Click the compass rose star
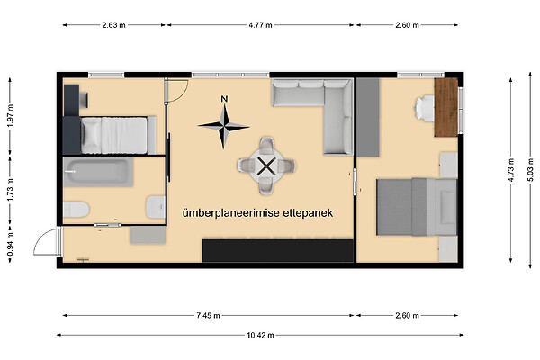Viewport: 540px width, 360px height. click(224, 127)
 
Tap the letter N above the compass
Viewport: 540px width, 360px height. click(224, 99)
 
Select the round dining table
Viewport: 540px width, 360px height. click(266, 166)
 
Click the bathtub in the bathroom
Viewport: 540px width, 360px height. click(98, 172)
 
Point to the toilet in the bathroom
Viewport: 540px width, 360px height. click(76, 210)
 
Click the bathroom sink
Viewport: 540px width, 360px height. click(156, 207)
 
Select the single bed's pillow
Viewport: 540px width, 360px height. click(91, 135)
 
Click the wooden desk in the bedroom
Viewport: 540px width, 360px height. click(446, 107)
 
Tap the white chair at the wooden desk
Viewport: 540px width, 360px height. click(424, 108)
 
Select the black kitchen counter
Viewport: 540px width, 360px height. click(277, 251)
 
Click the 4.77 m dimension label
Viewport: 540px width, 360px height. click(260, 25)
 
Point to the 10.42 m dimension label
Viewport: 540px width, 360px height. click(260, 335)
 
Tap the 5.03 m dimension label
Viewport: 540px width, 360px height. click(530, 169)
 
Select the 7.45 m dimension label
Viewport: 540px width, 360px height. click(209, 315)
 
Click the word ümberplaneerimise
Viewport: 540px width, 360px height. click(231, 213)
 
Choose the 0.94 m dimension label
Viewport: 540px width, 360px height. click(10, 244)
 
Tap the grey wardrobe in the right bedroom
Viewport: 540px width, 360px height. click(368, 118)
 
